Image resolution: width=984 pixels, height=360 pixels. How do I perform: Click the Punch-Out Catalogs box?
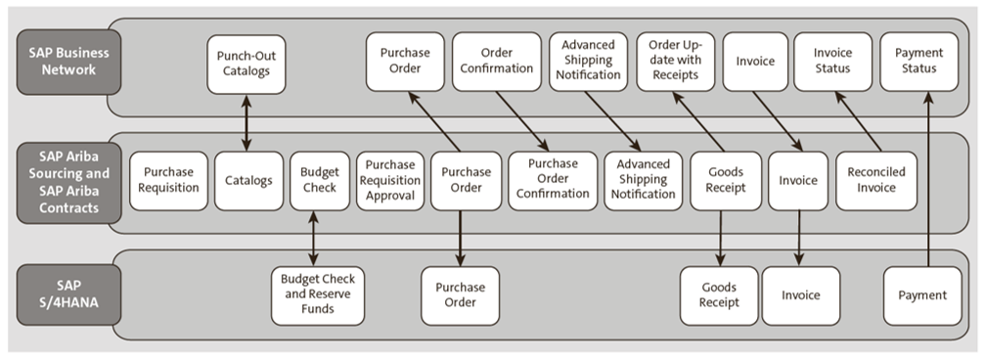point(246,66)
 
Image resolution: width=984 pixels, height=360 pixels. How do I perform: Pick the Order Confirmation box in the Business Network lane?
point(496,61)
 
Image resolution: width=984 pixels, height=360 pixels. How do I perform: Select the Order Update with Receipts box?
point(676,61)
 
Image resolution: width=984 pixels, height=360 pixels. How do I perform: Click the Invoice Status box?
point(832,61)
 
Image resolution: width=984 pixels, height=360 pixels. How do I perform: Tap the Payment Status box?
point(919,61)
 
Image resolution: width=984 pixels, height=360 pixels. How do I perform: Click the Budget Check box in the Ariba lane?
point(319,180)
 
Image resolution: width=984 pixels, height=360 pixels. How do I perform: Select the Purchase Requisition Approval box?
point(389,180)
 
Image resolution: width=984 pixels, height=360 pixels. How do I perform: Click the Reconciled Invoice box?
point(875,180)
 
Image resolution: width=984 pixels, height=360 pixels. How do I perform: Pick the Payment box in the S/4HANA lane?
point(921,295)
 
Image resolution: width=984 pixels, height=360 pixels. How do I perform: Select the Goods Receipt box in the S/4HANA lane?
point(719,295)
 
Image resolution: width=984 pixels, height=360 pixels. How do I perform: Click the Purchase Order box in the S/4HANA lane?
point(460,295)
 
